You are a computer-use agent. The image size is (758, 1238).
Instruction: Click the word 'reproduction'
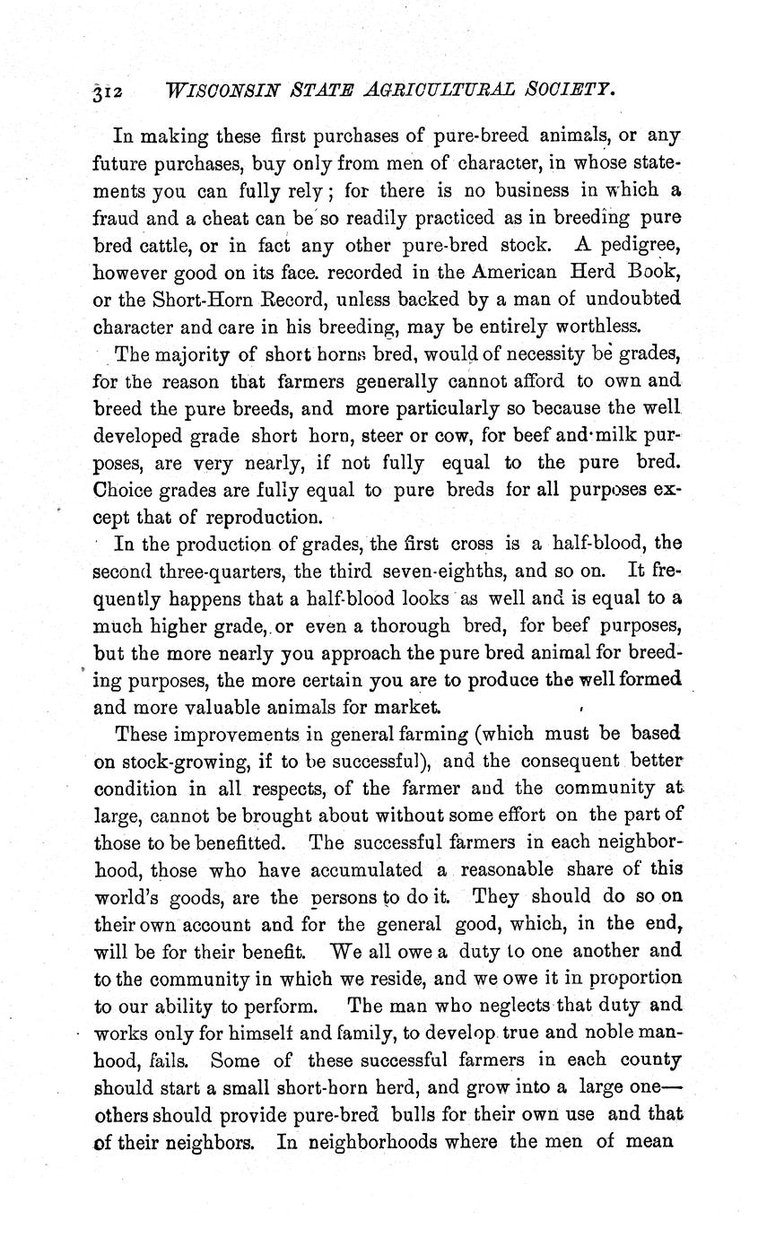point(263,518)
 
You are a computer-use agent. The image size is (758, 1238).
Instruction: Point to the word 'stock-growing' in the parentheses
point(179,762)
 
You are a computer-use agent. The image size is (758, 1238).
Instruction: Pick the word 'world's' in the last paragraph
point(125,897)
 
